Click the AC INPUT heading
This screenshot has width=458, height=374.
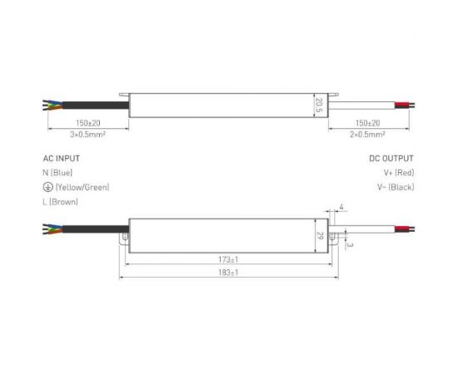click(x=62, y=157)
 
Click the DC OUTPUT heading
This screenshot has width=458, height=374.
click(x=391, y=157)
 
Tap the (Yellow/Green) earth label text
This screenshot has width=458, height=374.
click(x=82, y=187)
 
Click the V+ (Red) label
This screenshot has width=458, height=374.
click(x=398, y=172)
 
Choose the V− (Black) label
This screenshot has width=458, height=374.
click(x=396, y=187)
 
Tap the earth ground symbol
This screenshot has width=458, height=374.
click(x=47, y=187)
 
